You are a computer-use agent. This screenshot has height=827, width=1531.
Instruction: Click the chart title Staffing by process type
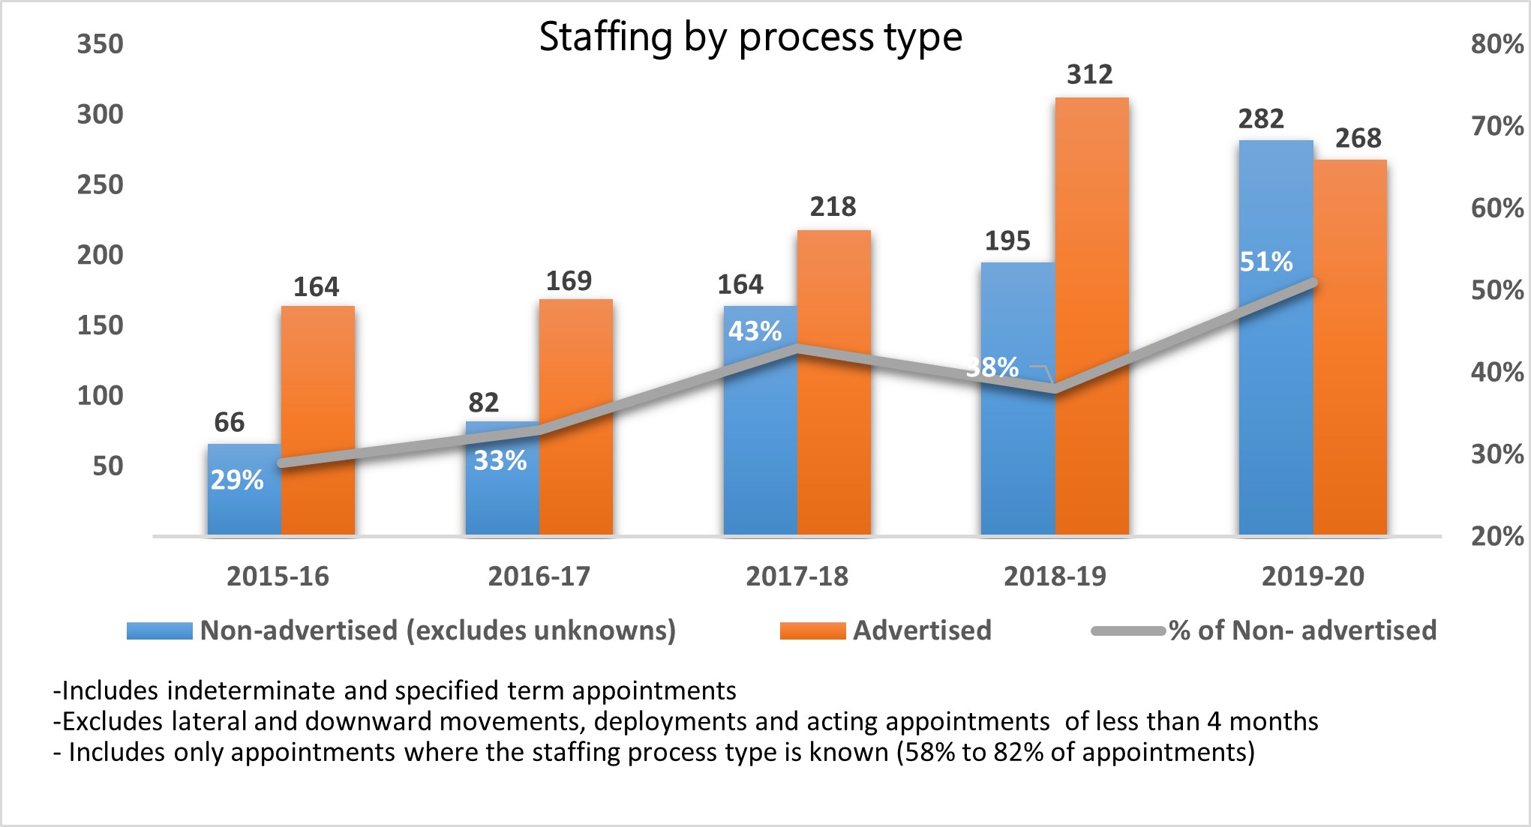(750, 37)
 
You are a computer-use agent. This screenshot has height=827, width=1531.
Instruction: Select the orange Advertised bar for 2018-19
(1091, 315)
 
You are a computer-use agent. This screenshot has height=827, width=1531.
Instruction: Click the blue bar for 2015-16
(244, 502)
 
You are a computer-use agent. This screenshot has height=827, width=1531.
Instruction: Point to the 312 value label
(1090, 74)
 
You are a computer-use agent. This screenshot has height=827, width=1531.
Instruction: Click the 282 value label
(1261, 118)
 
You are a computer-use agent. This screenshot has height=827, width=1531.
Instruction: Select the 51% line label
(1266, 262)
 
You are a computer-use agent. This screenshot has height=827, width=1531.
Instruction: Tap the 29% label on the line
(237, 480)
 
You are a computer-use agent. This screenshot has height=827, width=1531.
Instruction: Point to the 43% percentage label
(755, 331)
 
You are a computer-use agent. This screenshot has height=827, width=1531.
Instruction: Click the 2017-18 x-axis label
(797, 576)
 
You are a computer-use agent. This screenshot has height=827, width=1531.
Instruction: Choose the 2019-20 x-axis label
(1313, 576)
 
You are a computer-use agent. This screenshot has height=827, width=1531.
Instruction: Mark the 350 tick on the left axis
(100, 44)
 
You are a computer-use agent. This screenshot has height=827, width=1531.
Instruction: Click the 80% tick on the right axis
(1497, 44)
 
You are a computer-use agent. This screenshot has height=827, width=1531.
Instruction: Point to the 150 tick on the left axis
(100, 325)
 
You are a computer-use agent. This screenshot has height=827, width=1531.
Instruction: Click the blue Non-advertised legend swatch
(159, 631)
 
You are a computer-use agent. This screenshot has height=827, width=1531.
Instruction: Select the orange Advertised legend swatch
(812, 631)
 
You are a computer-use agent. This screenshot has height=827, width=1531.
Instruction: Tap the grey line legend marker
(1127, 631)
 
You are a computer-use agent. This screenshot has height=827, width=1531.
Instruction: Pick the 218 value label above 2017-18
(833, 206)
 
